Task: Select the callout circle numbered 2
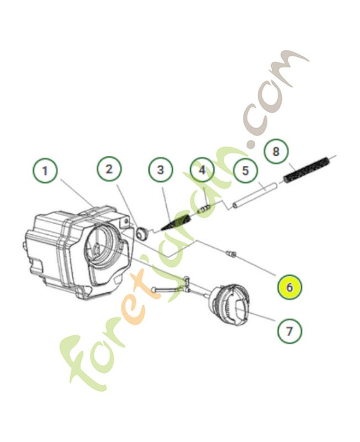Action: click(109, 169)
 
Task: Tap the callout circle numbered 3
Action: click(161, 170)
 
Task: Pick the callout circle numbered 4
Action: click(202, 170)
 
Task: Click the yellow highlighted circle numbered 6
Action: click(290, 287)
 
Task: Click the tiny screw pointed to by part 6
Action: click(231, 254)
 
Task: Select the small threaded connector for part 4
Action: click(205, 208)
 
